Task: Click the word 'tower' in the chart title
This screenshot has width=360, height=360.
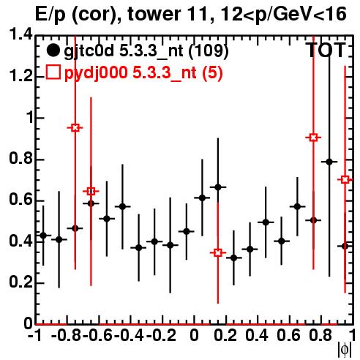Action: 154,14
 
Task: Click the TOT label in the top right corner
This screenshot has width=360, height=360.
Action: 326,50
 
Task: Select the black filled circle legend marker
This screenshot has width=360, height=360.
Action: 53,50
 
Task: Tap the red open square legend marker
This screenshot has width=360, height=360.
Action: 53,72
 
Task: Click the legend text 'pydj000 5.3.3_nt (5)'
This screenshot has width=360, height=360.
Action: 143,72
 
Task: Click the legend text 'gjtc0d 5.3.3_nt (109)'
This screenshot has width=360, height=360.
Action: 146,50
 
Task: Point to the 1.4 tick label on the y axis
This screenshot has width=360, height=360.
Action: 20,34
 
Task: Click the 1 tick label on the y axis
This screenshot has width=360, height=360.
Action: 29,118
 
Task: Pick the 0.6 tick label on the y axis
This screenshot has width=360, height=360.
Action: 20,200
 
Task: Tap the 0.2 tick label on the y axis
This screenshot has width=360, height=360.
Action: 20,282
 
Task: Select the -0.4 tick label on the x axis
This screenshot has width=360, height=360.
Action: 129,335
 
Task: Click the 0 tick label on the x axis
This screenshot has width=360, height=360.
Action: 194,335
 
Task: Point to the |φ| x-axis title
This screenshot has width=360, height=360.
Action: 345,350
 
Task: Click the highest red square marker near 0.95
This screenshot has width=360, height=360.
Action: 75,127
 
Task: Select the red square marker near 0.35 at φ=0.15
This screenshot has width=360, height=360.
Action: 218,252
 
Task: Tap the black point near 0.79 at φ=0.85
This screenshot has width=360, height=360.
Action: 329,162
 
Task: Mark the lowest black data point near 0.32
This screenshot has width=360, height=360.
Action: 233,258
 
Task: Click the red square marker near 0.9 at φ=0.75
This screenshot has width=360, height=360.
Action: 313,138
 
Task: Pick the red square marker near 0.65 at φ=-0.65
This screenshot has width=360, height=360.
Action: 91,191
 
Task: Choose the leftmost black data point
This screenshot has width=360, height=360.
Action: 43,236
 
